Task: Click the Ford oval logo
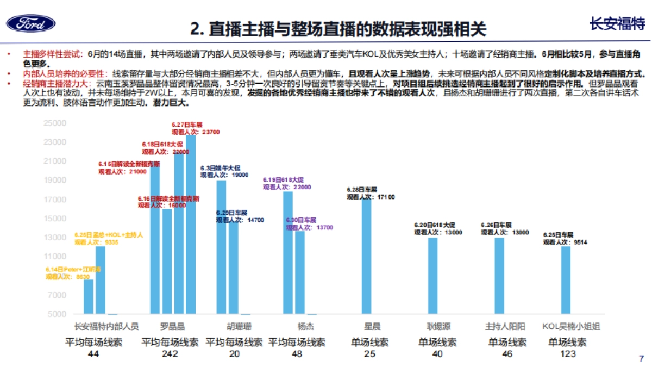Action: pos(30,23)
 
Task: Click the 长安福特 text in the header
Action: pos(617,24)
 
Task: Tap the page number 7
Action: pos(641,359)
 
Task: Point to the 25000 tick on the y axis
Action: pos(55,123)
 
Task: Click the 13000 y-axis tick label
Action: pos(55,238)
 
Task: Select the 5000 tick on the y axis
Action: pos(57,314)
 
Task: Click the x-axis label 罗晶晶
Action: pos(172,327)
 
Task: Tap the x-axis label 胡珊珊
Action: pos(239,327)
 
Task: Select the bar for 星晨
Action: pos(367,256)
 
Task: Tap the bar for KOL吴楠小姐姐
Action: pos(566,280)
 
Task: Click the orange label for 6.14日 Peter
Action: pos(73,273)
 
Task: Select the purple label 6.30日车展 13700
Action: pos(309,224)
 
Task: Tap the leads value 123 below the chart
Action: pos(567,354)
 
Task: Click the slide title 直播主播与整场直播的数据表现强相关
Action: pos(339,28)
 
